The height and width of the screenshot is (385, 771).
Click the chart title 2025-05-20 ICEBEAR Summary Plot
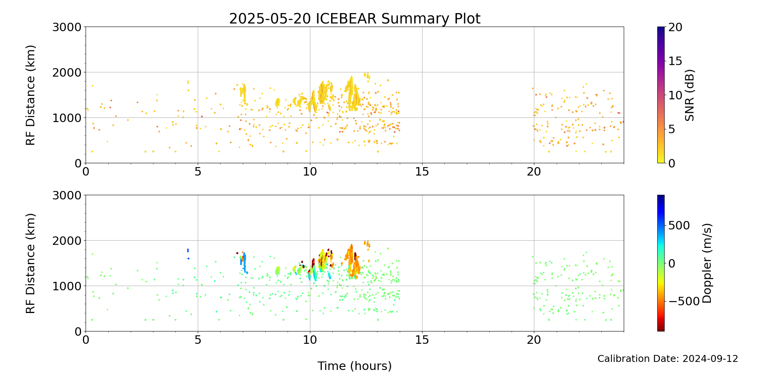tap(355, 18)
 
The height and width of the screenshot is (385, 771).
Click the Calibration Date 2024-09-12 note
tap(667, 359)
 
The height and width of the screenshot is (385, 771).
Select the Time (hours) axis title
tap(355, 366)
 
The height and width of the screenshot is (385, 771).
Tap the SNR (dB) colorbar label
tap(690, 95)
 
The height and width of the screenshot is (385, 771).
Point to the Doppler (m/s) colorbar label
tap(707, 263)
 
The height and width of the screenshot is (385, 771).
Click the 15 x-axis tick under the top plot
tap(422, 171)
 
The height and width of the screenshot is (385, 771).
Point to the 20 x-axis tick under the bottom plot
tap(534, 340)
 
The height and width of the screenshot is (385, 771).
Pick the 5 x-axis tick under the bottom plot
tap(198, 340)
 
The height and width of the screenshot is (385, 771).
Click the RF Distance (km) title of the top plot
tap(30, 95)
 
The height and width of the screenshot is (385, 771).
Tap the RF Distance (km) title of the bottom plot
tap(30, 263)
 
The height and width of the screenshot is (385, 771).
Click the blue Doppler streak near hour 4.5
tap(188, 250)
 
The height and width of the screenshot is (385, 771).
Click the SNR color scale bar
tap(661, 95)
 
